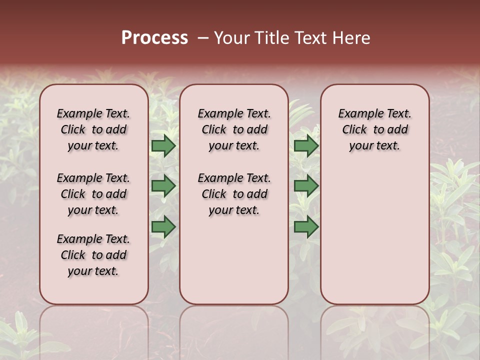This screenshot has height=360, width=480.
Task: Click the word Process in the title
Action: [x=154, y=38]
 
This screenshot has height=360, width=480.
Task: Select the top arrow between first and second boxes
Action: [x=163, y=145]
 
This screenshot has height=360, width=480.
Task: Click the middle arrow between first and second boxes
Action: [x=163, y=186]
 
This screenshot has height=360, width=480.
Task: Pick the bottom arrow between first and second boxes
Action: [x=163, y=226]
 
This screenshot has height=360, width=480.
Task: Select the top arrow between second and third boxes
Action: [x=306, y=145]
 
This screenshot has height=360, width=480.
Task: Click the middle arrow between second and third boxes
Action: [x=306, y=186]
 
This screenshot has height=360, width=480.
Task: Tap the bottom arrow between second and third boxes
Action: [x=306, y=226]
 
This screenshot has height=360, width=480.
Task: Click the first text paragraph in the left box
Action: [x=93, y=129]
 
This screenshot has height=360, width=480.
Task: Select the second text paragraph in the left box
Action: [x=93, y=194]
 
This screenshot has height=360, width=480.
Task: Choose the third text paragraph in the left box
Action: [x=93, y=255]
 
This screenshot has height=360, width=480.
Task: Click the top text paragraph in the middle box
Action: [x=234, y=129]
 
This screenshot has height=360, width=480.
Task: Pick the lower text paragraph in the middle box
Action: [x=234, y=194]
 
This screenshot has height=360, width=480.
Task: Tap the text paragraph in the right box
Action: [x=374, y=129]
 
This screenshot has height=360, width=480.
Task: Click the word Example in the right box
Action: [x=357, y=113]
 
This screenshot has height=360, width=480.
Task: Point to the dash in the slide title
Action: [x=203, y=38]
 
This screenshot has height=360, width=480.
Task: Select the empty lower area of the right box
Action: [x=374, y=235]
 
